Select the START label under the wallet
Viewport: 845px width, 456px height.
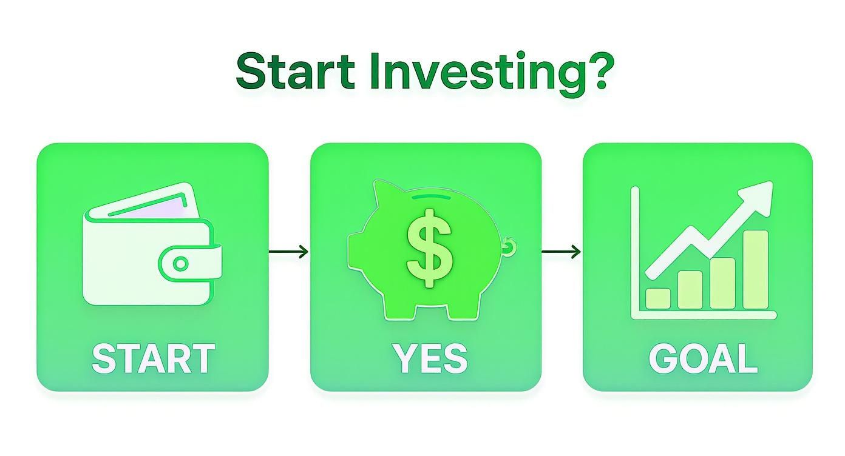click(x=153, y=358)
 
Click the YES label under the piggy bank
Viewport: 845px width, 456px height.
click(x=430, y=358)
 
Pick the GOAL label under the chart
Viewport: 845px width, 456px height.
click(x=703, y=358)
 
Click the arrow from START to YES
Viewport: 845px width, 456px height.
click(x=288, y=252)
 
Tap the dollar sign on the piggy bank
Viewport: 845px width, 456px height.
click(x=429, y=248)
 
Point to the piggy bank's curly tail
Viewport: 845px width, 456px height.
click(x=509, y=246)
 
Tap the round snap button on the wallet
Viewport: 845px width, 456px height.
click(x=180, y=264)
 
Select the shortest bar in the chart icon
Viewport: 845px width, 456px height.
click(x=658, y=298)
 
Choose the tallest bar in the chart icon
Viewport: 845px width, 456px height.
click(x=755, y=270)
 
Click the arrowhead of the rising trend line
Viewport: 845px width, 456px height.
click(x=762, y=194)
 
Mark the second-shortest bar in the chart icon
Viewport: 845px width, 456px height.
click(x=690, y=290)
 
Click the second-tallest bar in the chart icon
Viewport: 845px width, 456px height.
click(x=722, y=283)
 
